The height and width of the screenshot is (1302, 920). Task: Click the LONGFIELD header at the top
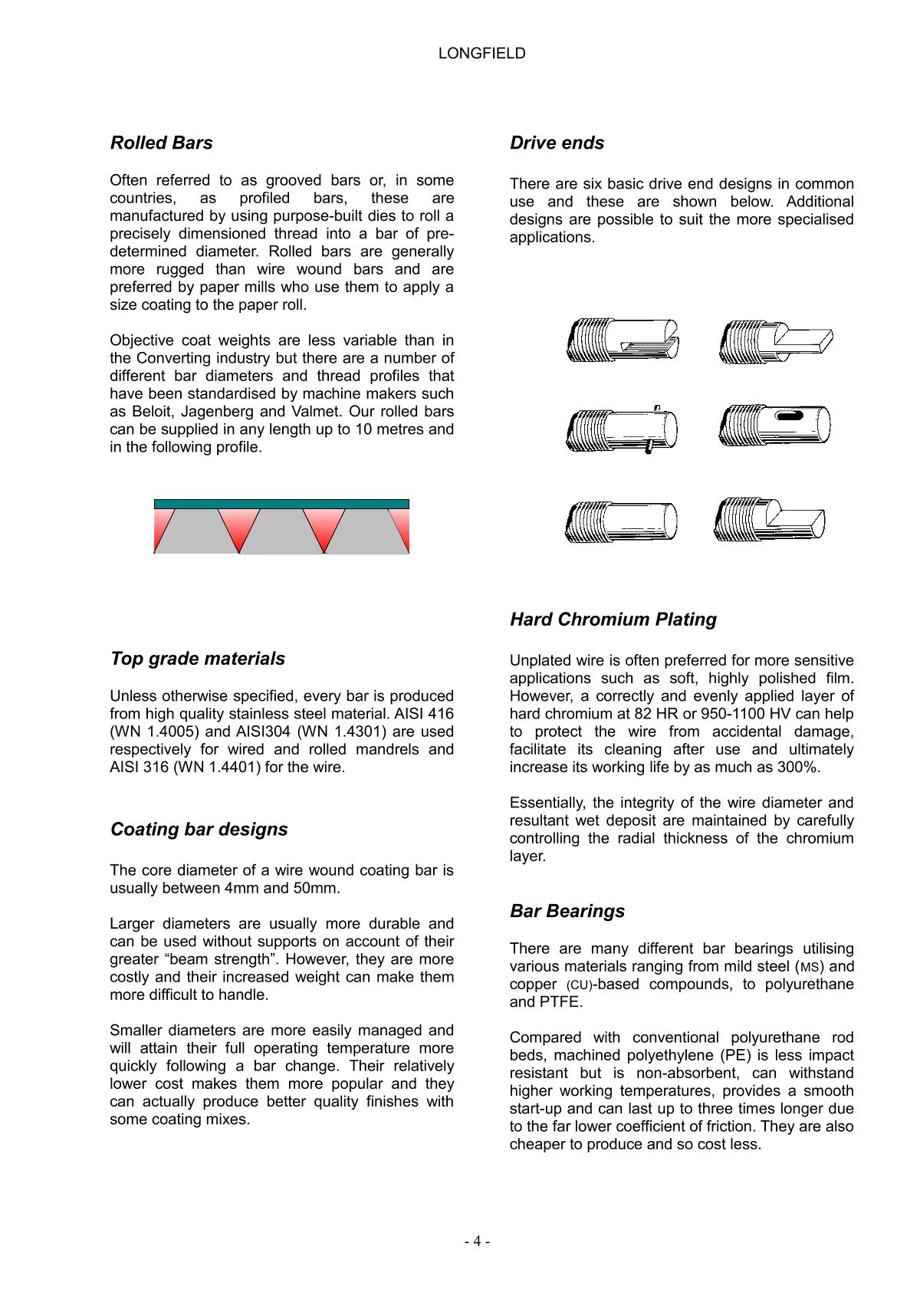click(x=481, y=53)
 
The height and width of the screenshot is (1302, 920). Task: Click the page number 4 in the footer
click(x=477, y=1241)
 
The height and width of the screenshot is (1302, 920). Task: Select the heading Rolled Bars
click(x=161, y=143)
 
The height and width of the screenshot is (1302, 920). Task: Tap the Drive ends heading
click(x=557, y=143)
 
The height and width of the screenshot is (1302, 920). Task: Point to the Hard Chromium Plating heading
click(x=613, y=620)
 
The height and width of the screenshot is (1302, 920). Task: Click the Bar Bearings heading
click(x=567, y=911)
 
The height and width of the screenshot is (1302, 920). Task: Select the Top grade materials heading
click(x=197, y=659)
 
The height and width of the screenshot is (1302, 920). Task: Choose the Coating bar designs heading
click(x=199, y=830)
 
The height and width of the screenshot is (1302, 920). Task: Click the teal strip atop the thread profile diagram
click(x=281, y=504)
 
